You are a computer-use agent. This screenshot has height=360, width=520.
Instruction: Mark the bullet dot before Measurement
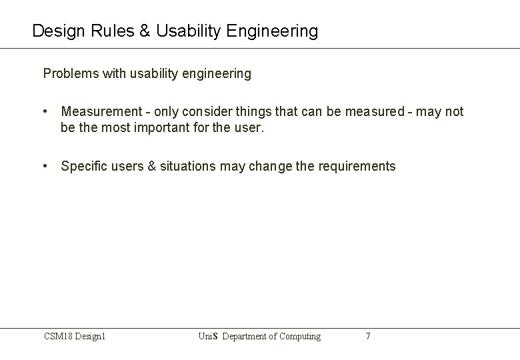45,112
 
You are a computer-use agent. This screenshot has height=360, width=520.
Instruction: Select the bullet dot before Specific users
45,167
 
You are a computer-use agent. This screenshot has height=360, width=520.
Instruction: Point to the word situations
188,167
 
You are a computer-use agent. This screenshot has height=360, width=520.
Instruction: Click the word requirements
355,167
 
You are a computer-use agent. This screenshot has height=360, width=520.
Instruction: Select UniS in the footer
207,337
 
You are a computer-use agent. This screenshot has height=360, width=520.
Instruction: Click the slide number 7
368,337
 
